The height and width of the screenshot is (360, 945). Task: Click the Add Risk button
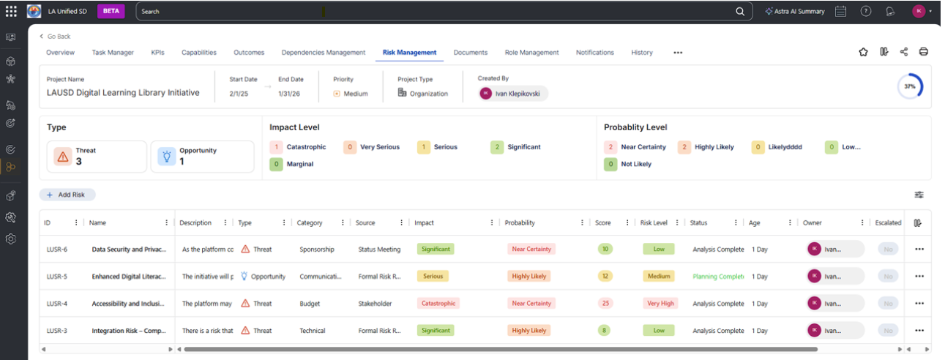pos(67,195)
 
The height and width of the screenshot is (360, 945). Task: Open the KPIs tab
pos(157,53)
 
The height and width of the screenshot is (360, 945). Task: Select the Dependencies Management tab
pos(323,53)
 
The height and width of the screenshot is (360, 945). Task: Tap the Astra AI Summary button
pos(794,12)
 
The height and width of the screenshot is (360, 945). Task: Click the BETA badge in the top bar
pos(111,12)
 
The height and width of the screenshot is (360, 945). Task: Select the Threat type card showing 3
pos(97,157)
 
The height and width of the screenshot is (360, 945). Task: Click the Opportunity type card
pos(202,157)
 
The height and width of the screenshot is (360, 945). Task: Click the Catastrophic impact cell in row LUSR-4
pos(438,304)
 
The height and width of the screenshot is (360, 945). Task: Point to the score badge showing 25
pos(605,304)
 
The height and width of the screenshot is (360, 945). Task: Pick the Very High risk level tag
pos(660,304)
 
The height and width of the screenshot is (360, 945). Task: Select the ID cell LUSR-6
pos(57,250)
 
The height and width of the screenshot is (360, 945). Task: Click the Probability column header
pos(520,223)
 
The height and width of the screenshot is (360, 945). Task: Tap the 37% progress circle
pos(910,86)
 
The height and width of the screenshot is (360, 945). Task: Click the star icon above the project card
pos(863,52)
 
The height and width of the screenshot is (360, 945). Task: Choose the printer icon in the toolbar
pos(924,52)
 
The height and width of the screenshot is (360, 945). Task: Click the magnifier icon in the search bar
pos(741,12)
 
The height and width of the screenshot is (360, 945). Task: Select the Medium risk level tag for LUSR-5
pos(659,277)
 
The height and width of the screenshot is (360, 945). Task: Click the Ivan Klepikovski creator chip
pos(512,94)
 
